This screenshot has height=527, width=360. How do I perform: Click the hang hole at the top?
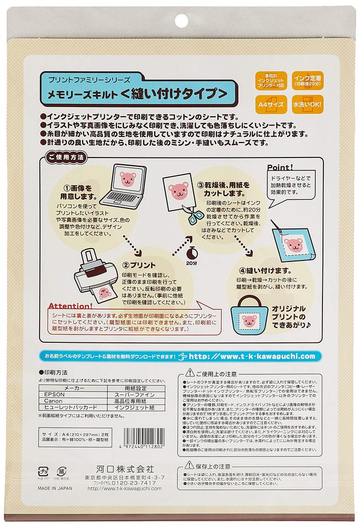(180, 20)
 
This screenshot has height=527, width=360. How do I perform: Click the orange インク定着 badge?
(307, 81)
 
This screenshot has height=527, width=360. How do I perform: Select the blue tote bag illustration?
(249, 319)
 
